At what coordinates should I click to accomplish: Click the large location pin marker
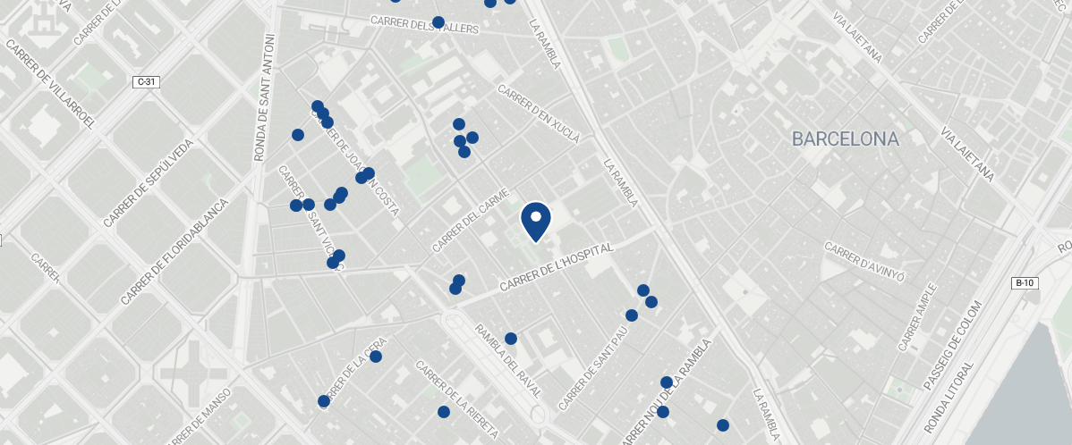click(x=535, y=221)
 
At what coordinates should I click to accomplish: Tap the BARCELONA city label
click(x=845, y=139)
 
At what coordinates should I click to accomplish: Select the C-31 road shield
click(x=146, y=82)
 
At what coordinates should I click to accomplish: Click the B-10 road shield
click(x=1024, y=283)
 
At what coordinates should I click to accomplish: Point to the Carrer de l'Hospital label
click(x=556, y=267)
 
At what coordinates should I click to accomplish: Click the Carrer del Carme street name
click(x=471, y=220)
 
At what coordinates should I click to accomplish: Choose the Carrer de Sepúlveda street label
click(x=148, y=183)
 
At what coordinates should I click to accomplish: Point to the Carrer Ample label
click(x=918, y=316)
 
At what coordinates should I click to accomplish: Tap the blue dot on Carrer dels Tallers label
click(x=438, y=22)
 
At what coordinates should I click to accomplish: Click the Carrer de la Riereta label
click(x=456, y=399)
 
